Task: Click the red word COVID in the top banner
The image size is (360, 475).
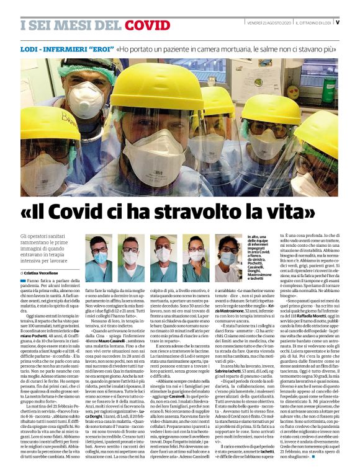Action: pyautogui.click(x=148, y=25)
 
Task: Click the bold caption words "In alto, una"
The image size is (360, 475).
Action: pyautogui.click(x=259, y=238)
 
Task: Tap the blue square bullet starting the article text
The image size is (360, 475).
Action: pyautogui.click(x=22, y=282)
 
